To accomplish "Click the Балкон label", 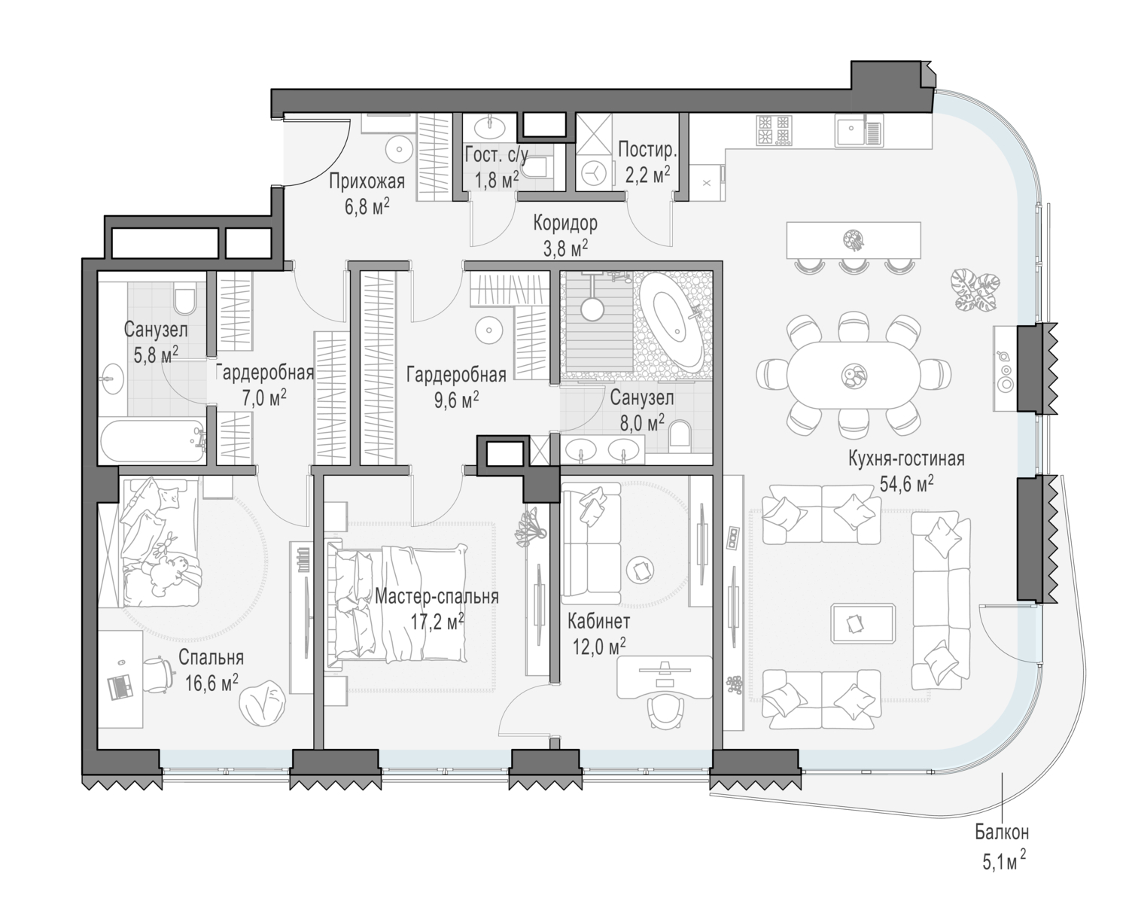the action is tap(1002, 833).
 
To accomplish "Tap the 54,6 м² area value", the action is tap(906, 484).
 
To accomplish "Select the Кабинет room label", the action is tap(598, 621).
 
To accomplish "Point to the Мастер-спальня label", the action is tap(437, 597).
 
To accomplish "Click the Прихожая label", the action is tap(367, 181).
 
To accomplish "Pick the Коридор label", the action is tap(565, 223).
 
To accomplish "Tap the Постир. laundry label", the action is tap(647, 150).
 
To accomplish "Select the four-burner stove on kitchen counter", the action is tap(773, 131).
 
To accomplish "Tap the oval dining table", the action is tap(853, 375).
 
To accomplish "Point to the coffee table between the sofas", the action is tap(863, 623).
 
